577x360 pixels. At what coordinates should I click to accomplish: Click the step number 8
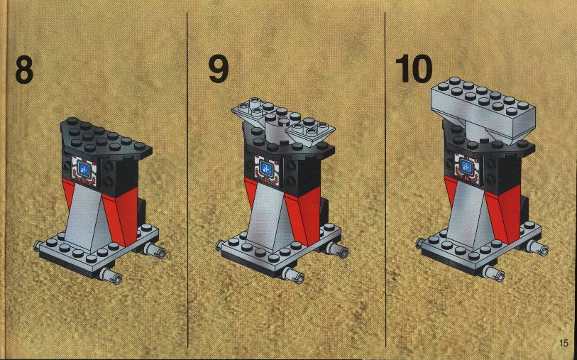(24, 70)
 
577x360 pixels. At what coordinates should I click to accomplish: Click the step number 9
(218, 70)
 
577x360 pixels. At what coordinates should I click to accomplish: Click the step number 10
(414, 69)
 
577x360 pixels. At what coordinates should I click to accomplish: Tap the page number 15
(564, 343)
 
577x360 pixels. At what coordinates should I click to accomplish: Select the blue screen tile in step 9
(265, 168)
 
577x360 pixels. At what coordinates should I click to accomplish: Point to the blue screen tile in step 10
(465, 167)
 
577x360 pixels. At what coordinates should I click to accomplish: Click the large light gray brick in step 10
(482, 109)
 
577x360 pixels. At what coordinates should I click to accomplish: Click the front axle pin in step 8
(110, 276)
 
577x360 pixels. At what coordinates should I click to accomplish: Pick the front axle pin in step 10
(493, 273)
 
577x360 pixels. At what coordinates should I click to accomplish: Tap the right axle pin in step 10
(538, 248)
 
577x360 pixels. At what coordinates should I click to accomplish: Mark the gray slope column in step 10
(467, 214)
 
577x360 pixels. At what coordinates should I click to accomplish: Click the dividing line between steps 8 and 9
(187, 180)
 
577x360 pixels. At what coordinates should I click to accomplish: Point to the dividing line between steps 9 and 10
(385, 180)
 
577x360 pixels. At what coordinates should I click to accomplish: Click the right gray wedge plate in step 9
(310, 132)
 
